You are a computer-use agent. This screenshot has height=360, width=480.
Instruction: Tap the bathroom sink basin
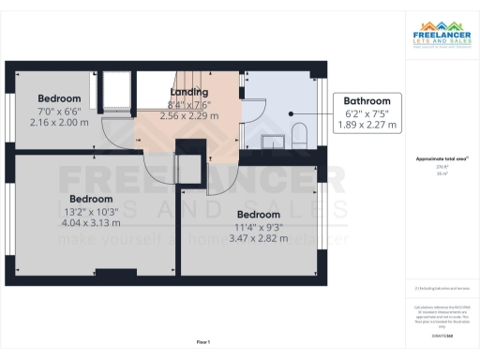[273, 142]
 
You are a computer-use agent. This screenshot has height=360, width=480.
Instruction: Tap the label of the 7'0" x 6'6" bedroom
[59, 98]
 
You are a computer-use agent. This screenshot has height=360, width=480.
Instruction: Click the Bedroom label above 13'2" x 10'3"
[91, 199]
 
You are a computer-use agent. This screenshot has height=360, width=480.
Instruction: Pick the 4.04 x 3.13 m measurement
[91, 223]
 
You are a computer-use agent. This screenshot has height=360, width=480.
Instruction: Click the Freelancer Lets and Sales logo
[442, 37]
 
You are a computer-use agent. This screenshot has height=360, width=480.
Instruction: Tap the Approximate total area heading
[442, 160]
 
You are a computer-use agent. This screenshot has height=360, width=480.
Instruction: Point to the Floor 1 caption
[203, 342]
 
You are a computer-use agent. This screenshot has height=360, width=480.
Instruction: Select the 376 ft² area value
[442, 168]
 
